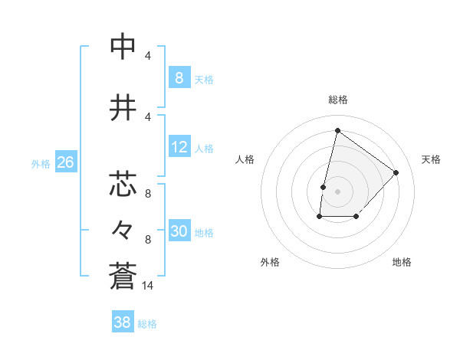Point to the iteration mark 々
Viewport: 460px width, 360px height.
tap(123, 228)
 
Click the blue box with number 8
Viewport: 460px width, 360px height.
tap(179, 77)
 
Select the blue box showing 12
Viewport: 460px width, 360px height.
tap(179, 147)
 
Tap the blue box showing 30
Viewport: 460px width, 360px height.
tap(179, 231)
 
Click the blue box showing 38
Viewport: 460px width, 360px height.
tap(123, 322)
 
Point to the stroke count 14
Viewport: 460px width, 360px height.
tap(148, 286)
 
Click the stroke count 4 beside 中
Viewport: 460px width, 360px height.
tap(148, 56)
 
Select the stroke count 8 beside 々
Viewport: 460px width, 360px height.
tap(148, 239)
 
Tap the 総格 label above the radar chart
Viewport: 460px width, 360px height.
tap(338, 100)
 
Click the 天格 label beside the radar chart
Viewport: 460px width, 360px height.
tap(431, 159)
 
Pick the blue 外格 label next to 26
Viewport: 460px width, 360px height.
tap(41, 163)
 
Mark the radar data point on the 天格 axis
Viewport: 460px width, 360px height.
tap(396, 172)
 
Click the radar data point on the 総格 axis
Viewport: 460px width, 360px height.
tap(337, 131)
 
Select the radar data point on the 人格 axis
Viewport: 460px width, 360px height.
tap(324, 187)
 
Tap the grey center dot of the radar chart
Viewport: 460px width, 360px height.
tap(337, 191)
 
